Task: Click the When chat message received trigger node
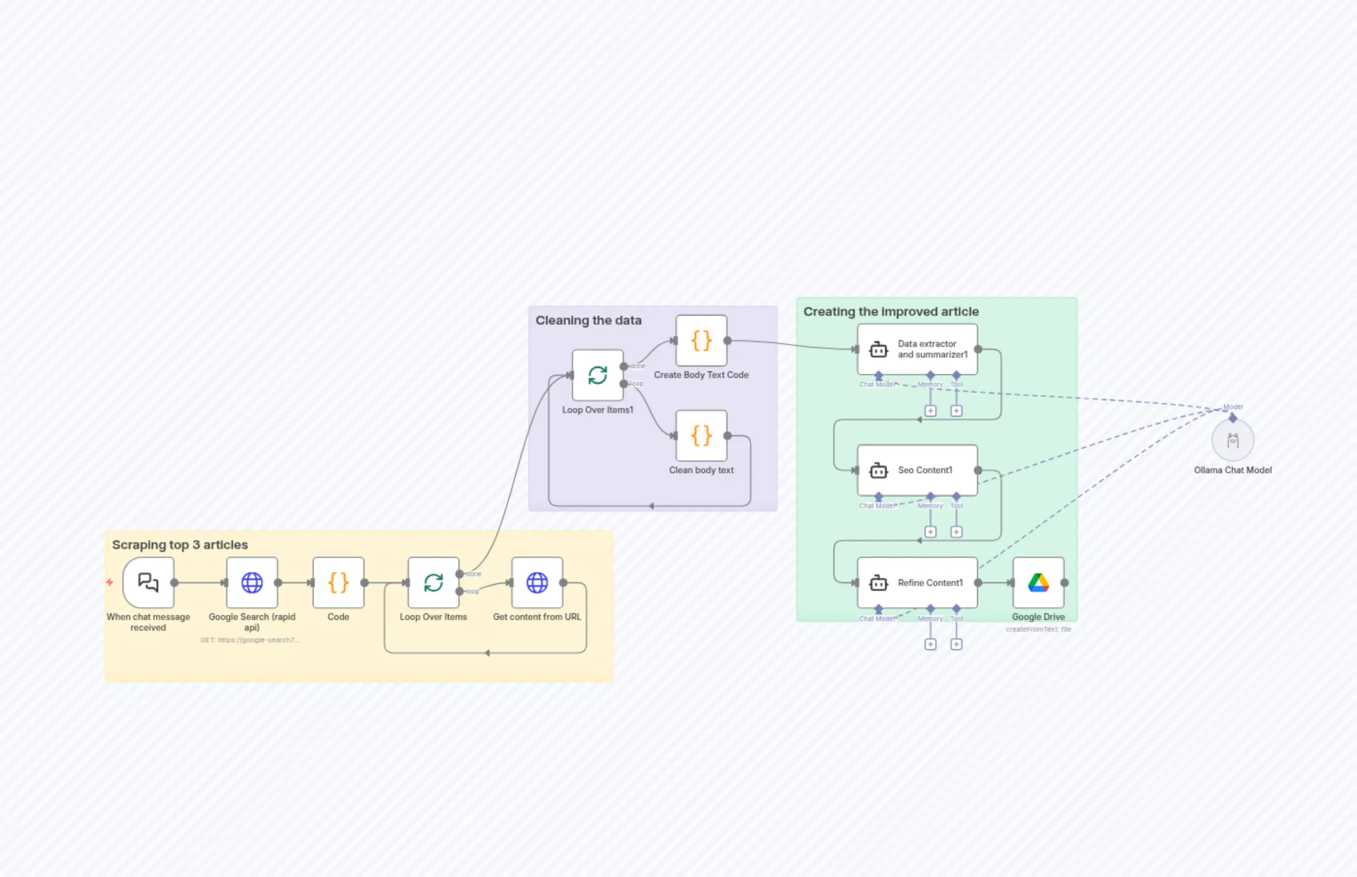click(x=148, y=583)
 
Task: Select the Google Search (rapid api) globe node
click(x=252, y=583)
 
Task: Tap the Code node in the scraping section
click(x=338, y=583)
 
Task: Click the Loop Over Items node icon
click(x=433, y=583)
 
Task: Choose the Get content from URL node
click(x=537, y=583)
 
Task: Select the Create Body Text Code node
click(x=701, y=341)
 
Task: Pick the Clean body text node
click(x=701, y=436)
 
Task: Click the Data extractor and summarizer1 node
click(x=917, y=349)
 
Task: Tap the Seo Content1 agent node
click(x=917, y=470)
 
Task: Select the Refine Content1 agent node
click(x=917, y=583)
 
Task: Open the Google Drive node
click(x=1038, y=583)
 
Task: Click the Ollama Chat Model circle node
click(x=1232, y=440)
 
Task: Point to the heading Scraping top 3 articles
click(x=180, y=545)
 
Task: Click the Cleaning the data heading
click(x=588, y=321)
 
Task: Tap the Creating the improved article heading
click(x=891, y=311)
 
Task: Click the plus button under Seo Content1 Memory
click(x=930, y=532)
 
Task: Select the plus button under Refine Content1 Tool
click(x=956, y=644)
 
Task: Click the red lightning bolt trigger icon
click(x=110, y=582)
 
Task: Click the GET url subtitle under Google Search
click(x=250, y=640)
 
